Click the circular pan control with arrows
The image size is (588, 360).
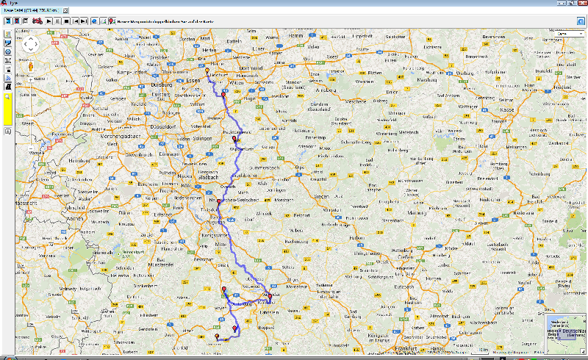click(x=30, y=44)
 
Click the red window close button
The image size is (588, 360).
click(x=581, y=4)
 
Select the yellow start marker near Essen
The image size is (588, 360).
click(x=207, y=71)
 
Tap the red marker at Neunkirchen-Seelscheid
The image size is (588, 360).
click(x=218, y=201)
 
